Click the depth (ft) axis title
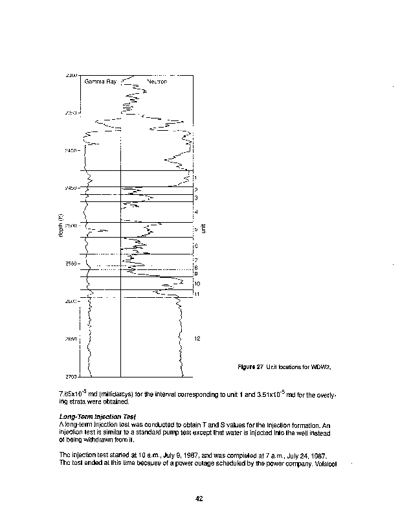(60, 226)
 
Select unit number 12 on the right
(197, 339)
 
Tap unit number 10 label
(197, 284)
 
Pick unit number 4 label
(195, 212)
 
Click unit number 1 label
(195, 177)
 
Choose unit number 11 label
(197, 295)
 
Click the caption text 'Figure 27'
(250, 368)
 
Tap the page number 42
(200, 498)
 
